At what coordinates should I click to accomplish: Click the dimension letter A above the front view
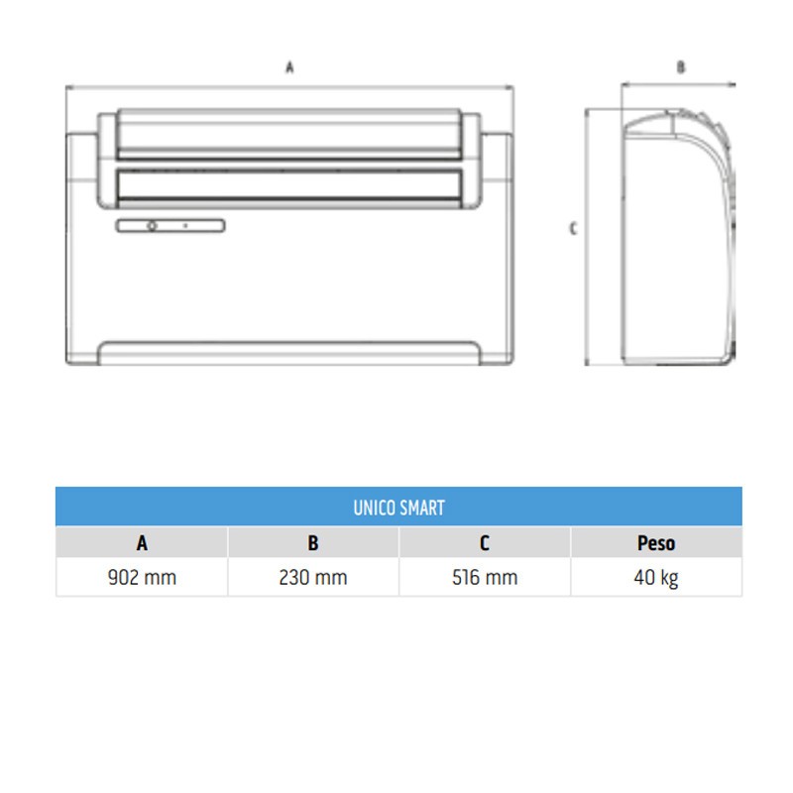[x=289, y=68]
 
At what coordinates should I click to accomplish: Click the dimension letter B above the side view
[x=680, y=68]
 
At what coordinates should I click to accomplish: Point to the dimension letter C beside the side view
[x=573, y=229]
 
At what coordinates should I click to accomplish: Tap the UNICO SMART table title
[x=398, y=508]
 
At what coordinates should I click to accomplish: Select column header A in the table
[x=142, y=543]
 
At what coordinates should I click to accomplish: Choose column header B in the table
[x=313, y=543]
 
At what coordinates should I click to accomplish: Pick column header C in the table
[x=485, y=543]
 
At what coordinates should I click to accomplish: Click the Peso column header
[x=655, y=543]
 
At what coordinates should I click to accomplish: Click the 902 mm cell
[x=142, y=577]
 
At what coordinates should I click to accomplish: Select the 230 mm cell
[x=313, y=577]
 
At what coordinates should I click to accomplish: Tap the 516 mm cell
[x=485, y=577]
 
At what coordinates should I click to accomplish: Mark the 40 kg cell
[x=655, y=577]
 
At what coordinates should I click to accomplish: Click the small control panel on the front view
[x=170, y=226]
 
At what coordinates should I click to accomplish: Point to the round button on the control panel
[x=152, y=226]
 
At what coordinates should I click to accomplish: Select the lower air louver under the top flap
[x=289, y=184]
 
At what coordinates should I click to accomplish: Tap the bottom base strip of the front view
[x=289, y=353]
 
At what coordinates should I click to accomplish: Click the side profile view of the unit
[x=674, y=238]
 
